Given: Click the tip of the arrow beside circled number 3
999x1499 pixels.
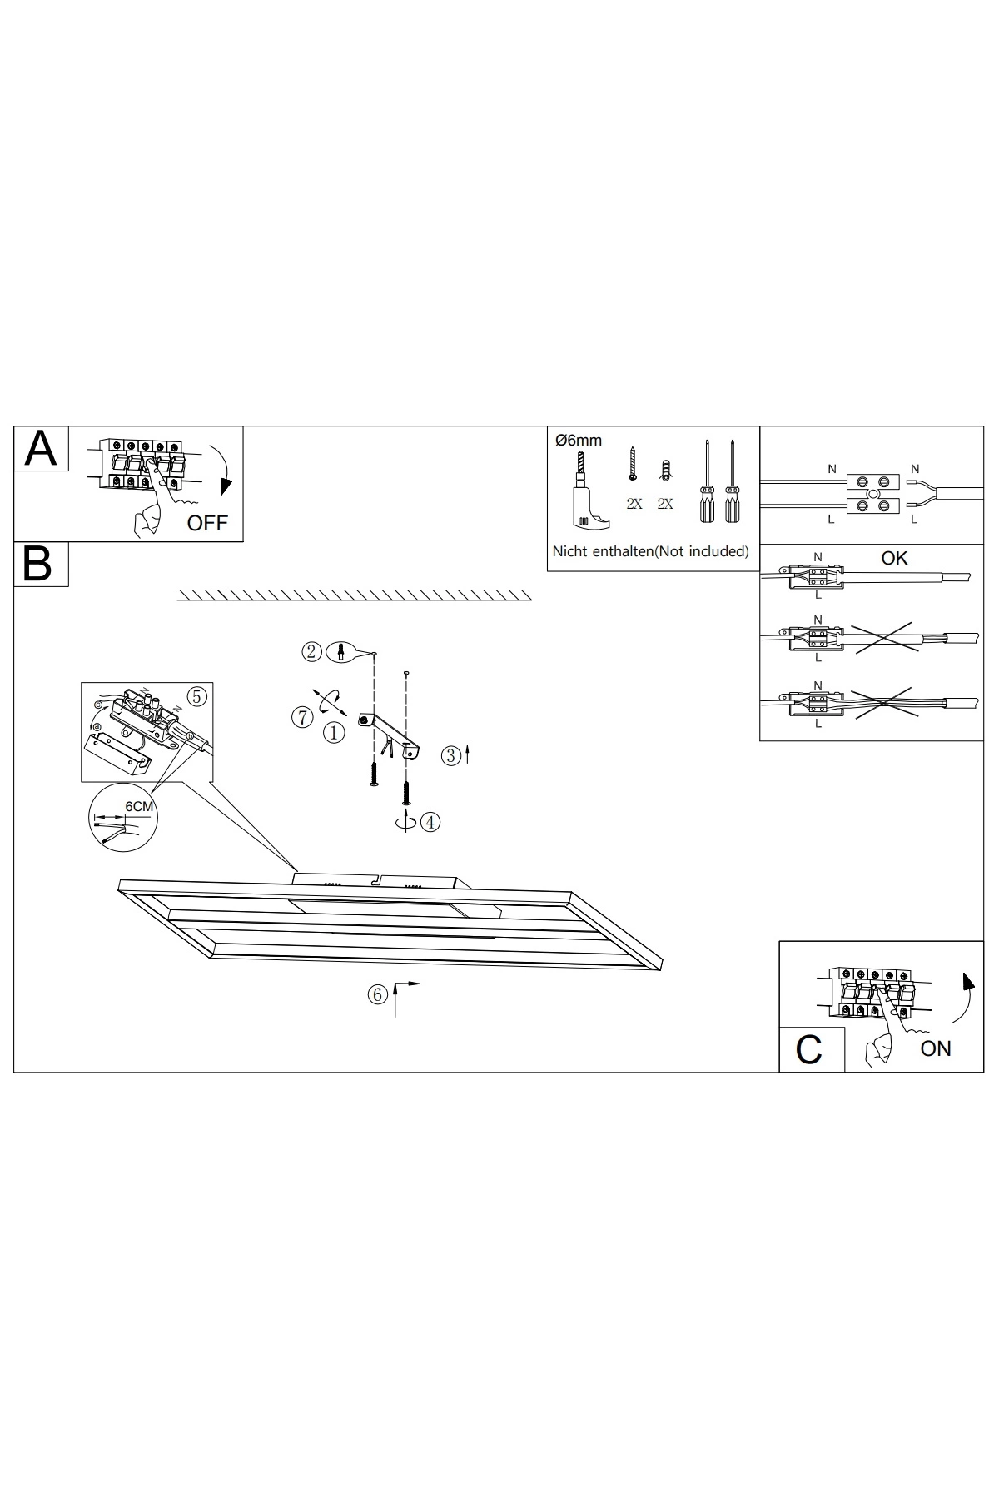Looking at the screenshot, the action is coord(469,746).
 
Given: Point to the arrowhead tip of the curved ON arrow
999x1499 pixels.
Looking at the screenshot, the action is coord(967,973).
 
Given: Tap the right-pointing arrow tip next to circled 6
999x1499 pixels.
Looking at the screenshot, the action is coord(420,984).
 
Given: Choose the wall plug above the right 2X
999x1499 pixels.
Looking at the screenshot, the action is coord(664,471).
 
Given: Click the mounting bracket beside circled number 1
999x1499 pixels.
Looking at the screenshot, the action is coord(390,733).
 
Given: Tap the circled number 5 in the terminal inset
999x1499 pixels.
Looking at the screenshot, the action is coord(196,696).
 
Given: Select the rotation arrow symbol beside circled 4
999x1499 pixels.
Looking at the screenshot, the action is coord(406,821).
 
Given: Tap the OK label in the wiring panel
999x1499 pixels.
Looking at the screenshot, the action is coord(894,558).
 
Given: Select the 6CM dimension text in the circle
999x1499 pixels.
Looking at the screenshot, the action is coord(139,806).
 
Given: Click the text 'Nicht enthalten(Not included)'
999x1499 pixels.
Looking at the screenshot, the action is coord(651,551).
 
